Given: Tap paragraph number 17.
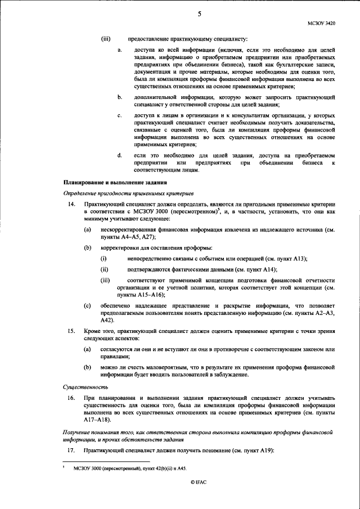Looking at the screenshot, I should point(71,451).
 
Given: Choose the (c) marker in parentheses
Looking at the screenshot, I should point(87,305).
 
